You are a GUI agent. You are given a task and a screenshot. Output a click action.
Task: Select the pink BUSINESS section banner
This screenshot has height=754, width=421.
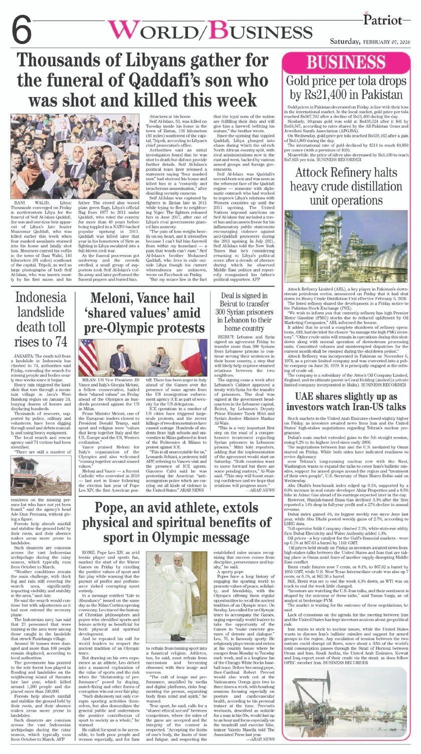point(349,64)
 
